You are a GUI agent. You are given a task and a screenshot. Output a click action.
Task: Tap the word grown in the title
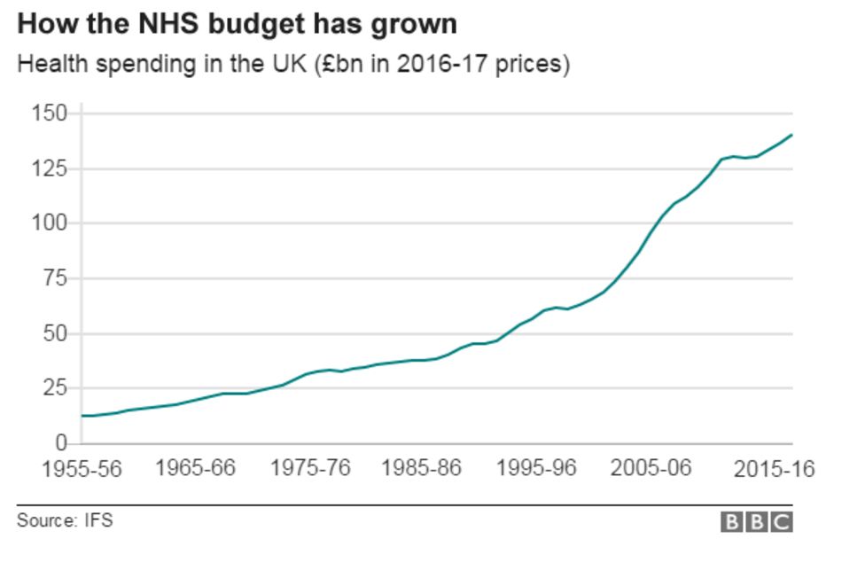(x=416, y=24)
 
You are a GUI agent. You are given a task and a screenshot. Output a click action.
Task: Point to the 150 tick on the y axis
(x=49, y=113)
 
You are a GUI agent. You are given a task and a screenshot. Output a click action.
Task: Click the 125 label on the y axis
(x=49, y=168)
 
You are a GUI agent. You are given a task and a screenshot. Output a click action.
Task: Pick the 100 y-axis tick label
(x=49, y=223)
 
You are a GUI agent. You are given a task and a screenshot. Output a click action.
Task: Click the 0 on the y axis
(x=61, y=442)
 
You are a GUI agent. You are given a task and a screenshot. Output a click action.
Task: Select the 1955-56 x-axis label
(x=82, y=469)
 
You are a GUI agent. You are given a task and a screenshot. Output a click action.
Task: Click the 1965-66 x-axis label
(x=195, y=467)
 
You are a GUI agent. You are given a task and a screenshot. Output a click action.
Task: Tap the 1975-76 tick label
(x=309, y=467)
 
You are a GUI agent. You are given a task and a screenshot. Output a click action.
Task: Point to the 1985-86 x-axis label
(x=422, y=467)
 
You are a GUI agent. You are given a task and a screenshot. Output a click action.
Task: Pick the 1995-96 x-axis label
(x=536, y=467)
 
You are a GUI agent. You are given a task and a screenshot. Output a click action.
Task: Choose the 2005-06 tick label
(x=651, y=467)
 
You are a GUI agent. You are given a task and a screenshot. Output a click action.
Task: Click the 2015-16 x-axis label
(x=773, y=469)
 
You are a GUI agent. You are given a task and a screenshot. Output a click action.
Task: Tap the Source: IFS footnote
(x=65, y=521)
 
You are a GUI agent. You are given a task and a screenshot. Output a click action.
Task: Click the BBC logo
(x=756, y=522)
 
